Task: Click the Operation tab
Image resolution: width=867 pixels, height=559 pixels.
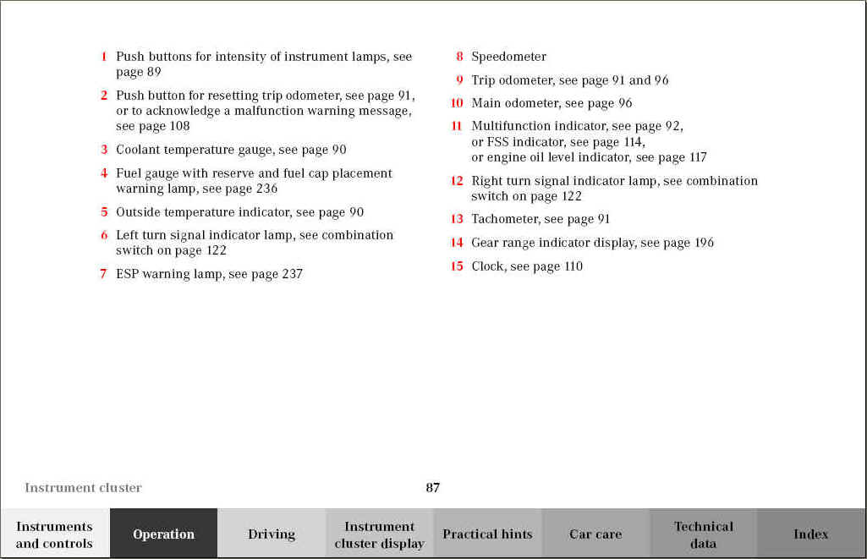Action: point(163,534)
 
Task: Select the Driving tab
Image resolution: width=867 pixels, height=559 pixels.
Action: point(272,534)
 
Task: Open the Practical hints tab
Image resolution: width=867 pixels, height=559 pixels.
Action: point(487,534)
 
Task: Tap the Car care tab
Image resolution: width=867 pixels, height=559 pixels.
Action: point(595,534)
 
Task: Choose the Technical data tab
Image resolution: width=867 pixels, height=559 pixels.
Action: point(704,534)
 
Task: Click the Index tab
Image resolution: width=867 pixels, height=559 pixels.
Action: point(810,534)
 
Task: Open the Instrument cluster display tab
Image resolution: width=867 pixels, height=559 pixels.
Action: point(379,534)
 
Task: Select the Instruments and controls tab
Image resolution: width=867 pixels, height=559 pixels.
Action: point(54,534)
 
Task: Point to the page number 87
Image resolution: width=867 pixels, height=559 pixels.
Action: point(432,487)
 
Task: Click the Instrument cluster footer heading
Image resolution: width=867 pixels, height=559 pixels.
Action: point(83,487)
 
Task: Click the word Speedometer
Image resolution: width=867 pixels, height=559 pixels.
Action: point(508,57)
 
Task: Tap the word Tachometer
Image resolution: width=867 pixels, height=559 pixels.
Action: point(505,219)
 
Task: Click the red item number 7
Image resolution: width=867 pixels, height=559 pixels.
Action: point(103,274)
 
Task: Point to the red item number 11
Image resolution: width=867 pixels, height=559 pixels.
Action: point(457,126)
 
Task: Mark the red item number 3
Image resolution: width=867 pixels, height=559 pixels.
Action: point(104,150)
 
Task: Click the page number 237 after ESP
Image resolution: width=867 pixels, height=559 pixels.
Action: point(291,274)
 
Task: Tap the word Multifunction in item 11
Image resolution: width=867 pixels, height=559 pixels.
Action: point(508,126)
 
